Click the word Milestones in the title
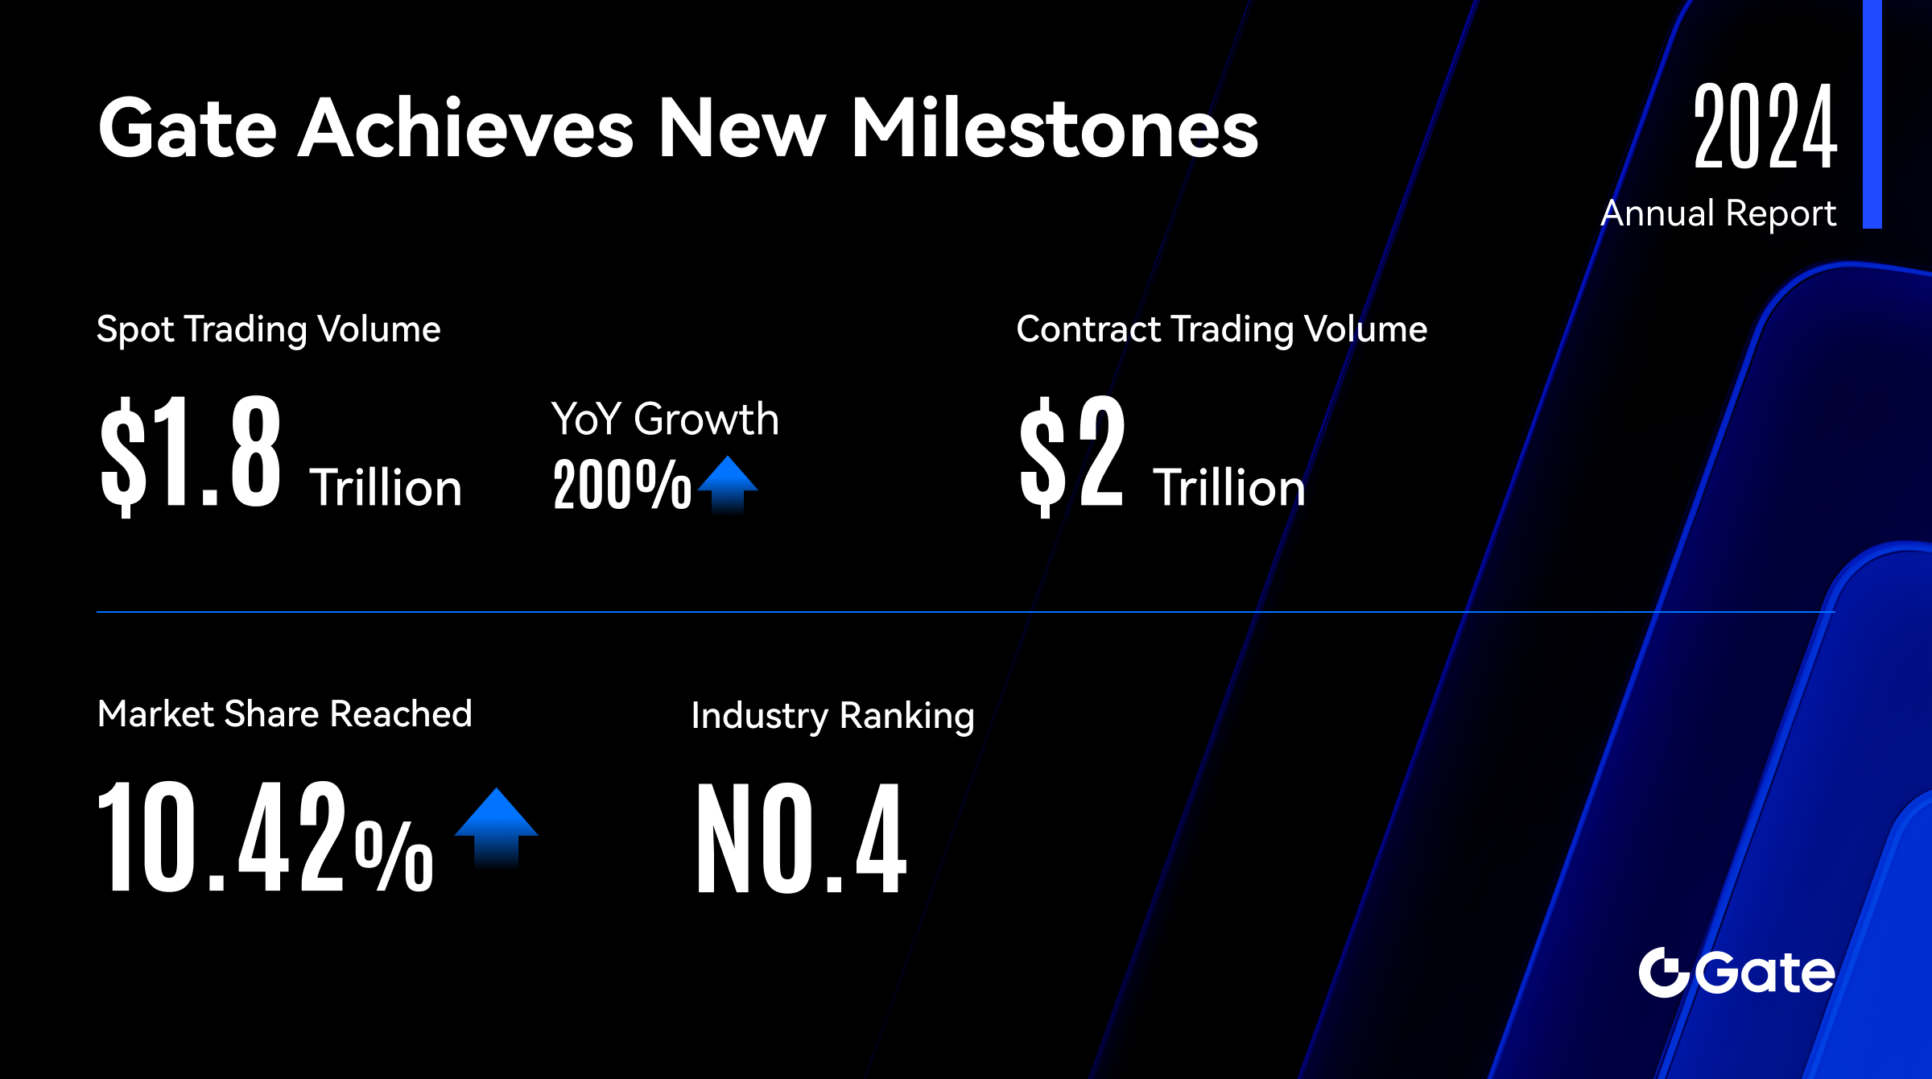click(x=1055, y=127)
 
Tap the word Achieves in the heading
click(x=467, y=127)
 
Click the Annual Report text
click(x=1719, y=214)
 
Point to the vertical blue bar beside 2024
click(x=1872, y=114)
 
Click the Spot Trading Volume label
click(x=269, y=329)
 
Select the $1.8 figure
click(x=191, y=454)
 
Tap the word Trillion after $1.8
click(x=386, y=488)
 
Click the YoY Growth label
click(x=665, y=420)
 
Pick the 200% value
click(x=622, y=484)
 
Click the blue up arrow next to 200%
click(x=728, y=485)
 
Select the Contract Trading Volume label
click(x=1222, y=329)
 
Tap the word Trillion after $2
click(x=1229, y=488)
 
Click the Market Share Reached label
click(x=285, y=714)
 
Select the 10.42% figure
click(x=266, y=837)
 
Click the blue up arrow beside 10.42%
click(x=497, y=828)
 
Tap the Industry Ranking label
click(x=833, y=716)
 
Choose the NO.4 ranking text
click(x=802, y=838)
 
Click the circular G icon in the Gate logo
click(x=1664, y=973)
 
